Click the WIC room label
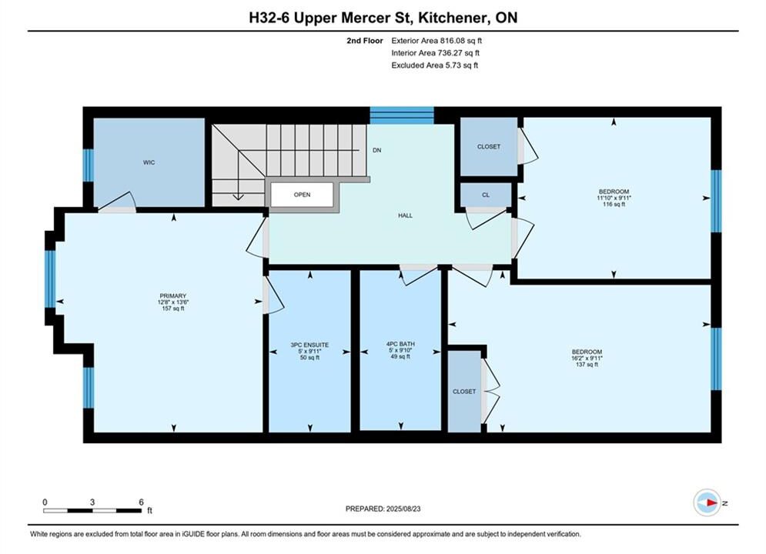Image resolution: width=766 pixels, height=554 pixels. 149,162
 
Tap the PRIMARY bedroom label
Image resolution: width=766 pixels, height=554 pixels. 173,295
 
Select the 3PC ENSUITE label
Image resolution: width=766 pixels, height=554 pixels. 309,345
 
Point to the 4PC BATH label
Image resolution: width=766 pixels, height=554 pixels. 400,344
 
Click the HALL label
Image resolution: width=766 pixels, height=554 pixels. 405,215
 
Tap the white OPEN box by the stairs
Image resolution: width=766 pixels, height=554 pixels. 302,194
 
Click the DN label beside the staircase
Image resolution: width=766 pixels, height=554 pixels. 376,150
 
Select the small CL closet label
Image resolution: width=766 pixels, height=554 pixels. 486,195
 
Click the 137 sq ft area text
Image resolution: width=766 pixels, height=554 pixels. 587,364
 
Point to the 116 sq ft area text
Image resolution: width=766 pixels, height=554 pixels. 614,204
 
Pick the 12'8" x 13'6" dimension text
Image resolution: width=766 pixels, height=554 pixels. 173,302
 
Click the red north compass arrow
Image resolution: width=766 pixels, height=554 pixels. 712,502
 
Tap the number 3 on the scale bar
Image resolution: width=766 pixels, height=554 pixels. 92,502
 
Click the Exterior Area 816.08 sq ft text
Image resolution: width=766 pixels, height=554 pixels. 437,41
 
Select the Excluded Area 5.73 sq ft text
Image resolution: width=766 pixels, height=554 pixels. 435,65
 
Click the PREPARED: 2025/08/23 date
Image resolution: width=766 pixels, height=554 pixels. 383,509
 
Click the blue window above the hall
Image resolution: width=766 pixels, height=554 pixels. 402,115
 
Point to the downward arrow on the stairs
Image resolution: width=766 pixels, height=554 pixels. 238,175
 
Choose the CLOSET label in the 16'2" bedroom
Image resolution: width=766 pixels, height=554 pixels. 464,392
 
